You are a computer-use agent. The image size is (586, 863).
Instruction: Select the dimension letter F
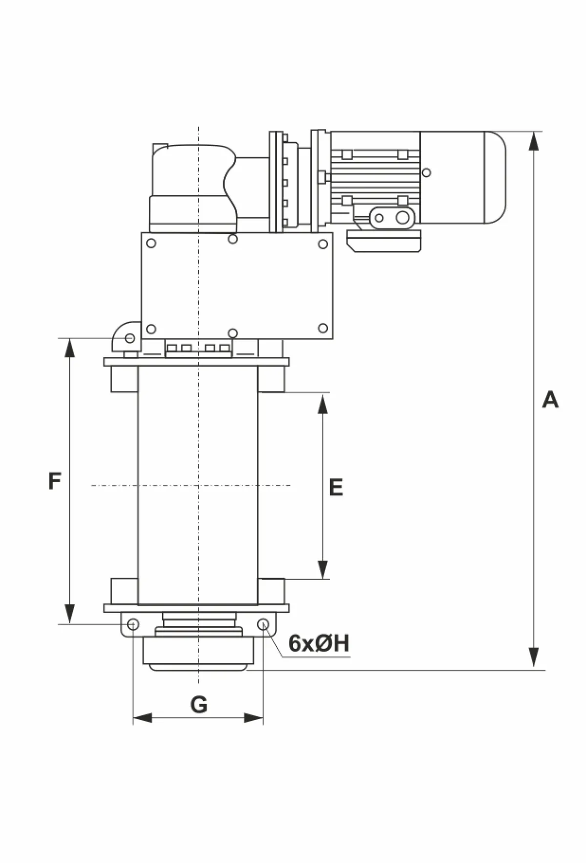55,481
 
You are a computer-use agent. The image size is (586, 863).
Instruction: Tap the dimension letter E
336,487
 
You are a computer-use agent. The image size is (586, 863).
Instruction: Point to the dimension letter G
199,704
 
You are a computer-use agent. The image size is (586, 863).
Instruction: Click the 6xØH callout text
319,643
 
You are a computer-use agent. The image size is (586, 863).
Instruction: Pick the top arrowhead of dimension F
70,348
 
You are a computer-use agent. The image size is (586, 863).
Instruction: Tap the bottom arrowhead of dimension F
70,614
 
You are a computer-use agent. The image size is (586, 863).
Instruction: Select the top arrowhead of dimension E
323,404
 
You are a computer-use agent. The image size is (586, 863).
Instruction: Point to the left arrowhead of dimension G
143,718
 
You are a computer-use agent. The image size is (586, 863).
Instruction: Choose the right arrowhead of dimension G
253,718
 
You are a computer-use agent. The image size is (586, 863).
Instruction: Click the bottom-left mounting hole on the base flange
132,624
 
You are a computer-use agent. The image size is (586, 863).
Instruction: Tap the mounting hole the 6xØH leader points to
263,624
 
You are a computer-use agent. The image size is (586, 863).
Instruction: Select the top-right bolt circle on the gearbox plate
323,244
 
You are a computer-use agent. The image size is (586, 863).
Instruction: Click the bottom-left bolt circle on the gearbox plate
151,329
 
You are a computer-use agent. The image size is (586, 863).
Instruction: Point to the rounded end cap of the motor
494,178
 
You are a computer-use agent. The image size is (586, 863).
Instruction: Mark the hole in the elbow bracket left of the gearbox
130,338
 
